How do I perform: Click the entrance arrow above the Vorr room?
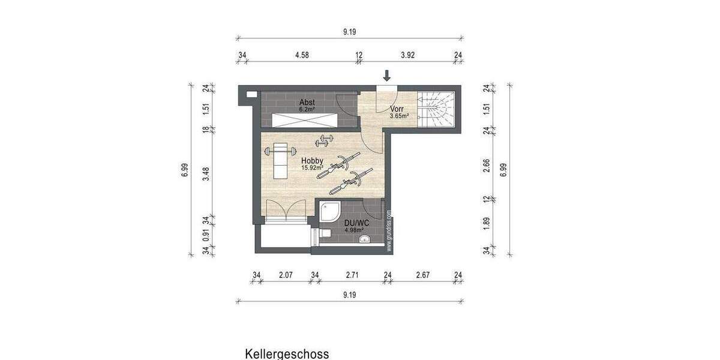tap(387, 76)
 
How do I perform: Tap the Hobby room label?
tap(312, 161)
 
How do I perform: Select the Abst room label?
tap(307, 103)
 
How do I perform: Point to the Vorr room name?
tap(396, 109)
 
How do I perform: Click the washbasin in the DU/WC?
tap(364, 240)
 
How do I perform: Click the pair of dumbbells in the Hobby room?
tap(325, 141)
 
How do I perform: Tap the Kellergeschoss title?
tap(287, 353)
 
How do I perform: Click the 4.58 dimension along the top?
tap(301, 55)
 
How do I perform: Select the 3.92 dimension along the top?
tap(408, 55)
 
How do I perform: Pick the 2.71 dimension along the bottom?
tap(352, 275)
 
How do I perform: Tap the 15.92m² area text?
tap(312, 168)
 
